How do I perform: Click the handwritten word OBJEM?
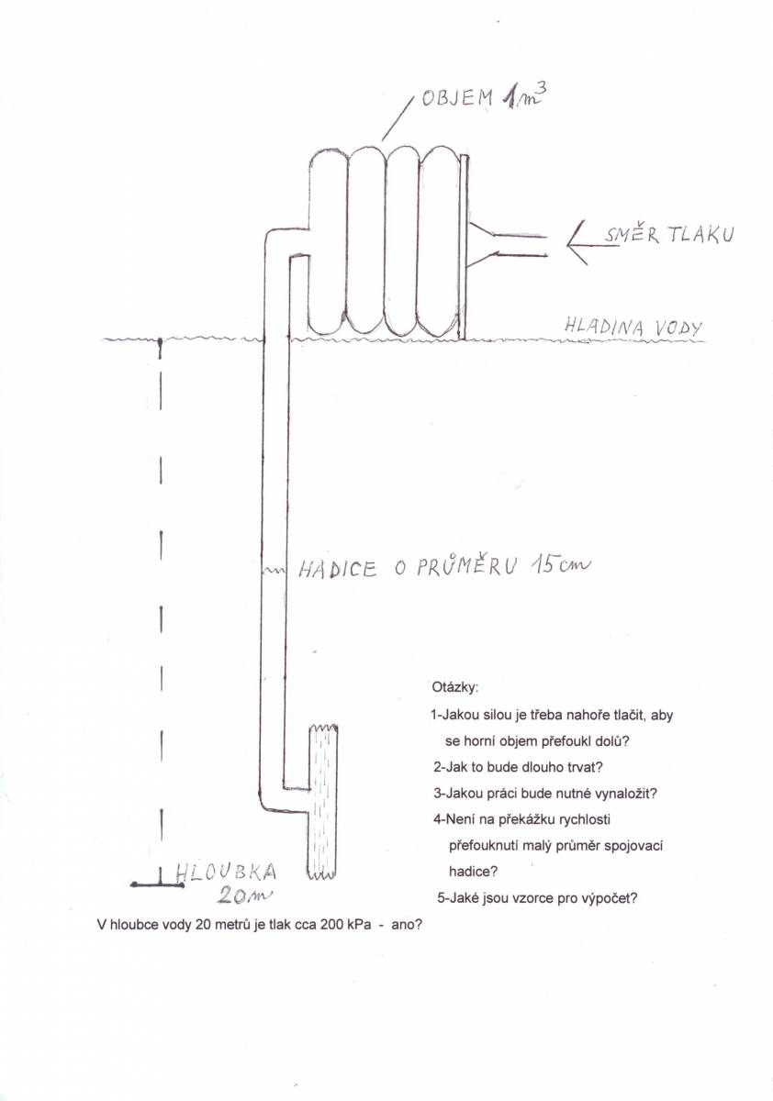point(457,99)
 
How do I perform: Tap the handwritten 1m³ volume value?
point(522,97)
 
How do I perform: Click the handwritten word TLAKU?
point(700,235)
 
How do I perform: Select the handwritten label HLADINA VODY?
point(633,326)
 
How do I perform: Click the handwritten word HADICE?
point(337,570)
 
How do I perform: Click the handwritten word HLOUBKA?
point(226,872)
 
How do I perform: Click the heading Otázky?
point(454,687)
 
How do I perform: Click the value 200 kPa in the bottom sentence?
point(345,925)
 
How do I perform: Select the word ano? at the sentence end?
point(407,925)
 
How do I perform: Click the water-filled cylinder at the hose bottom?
point(322,801)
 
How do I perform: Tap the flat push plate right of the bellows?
point(464,247)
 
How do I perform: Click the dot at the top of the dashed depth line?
point(160,340)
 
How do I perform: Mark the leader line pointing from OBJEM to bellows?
point(397,119)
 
